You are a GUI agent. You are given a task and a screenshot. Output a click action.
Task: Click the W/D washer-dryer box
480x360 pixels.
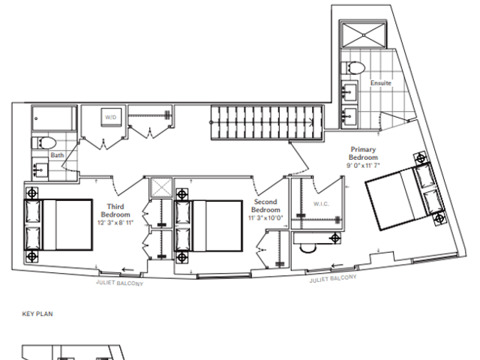pos(111,117)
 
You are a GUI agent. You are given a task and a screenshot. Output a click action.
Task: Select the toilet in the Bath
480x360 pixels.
pos(44,143)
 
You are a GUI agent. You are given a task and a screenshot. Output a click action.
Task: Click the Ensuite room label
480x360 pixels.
pos(381,83)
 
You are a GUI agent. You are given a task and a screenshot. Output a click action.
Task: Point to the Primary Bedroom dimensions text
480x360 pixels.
pos(363,166)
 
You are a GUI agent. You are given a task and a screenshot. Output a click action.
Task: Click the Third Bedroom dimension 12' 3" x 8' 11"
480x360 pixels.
pos(115,223)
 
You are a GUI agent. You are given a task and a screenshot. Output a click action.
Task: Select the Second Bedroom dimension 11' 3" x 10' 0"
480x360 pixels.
pos(265,218)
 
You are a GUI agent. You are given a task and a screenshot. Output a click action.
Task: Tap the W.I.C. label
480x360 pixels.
pos(321,204)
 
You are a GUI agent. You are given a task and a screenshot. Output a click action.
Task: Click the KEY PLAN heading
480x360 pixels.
pos(37,313)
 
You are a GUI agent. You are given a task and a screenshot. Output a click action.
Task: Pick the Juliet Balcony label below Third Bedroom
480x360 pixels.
pos(120,283)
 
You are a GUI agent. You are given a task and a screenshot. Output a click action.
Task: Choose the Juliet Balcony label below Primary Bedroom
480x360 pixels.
pos(333,278)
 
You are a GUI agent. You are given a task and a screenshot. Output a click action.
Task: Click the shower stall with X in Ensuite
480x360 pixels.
pos(363,35)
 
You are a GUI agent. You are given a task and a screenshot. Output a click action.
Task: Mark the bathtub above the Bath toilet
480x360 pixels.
pos(54,118)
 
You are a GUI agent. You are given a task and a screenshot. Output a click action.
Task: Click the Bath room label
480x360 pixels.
pos(57,155)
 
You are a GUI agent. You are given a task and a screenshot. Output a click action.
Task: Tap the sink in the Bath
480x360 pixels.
pos(40,170)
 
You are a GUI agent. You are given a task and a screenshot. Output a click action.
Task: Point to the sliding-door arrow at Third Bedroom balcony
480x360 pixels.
pos(128,270)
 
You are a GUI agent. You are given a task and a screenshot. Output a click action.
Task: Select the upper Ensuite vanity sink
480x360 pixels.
pos(349,91)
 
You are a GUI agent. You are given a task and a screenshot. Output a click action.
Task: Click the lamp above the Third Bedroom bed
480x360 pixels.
pos(31,193)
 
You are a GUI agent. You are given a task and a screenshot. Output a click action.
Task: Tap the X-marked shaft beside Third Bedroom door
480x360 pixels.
pos(161,188)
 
